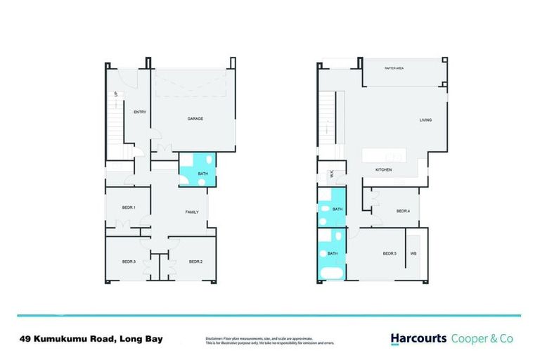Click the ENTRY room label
139,111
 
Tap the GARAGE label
195,119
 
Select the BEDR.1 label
128,207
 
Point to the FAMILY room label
192,212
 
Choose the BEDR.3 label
128,262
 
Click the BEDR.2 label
195,262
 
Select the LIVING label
425,120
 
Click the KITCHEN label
383,171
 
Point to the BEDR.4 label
403,211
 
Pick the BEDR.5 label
390,254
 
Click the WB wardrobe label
413,254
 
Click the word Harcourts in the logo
418,338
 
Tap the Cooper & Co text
482,338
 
